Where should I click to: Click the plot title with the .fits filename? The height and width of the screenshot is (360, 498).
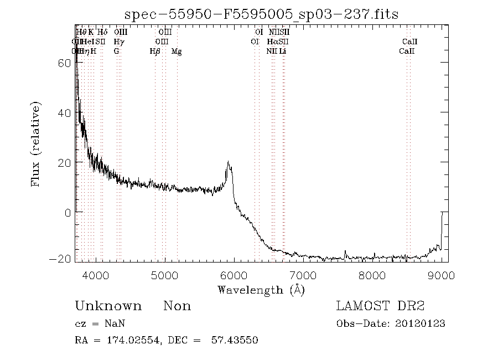(262, 14)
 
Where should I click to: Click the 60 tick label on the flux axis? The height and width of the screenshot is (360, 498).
(64, 63)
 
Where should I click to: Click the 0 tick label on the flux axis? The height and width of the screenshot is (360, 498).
(68, 213)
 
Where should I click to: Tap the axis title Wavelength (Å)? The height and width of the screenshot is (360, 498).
(261, 289)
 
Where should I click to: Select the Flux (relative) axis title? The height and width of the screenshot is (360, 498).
(37, 143)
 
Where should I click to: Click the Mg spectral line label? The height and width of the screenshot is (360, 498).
(176, 52)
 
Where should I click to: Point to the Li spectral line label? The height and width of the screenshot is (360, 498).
(282, 52)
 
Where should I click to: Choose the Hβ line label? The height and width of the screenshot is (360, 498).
(155, 52)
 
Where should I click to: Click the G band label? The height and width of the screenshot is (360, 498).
(116, 52)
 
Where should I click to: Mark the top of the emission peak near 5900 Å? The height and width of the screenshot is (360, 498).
(228, 162)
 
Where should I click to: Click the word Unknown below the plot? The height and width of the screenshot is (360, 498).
(108, 306)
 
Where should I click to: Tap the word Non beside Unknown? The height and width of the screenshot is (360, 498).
(177, 306)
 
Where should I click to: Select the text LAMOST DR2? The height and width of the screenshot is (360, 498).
(380, 306)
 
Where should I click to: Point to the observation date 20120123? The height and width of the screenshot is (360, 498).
(420, 323)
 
